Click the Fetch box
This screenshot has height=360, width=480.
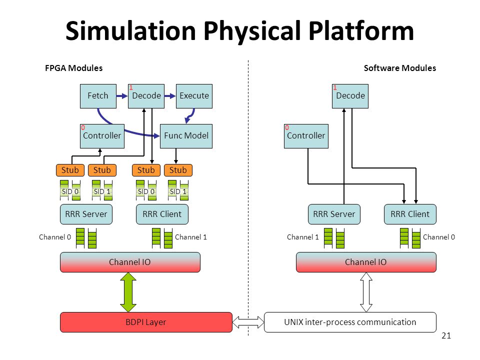pos(98,96)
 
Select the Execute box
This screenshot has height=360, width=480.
pos(194,96)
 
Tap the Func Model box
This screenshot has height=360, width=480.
pos(186,136)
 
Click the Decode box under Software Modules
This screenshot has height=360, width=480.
pos(350,96)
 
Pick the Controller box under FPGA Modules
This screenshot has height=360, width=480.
pos(102,136)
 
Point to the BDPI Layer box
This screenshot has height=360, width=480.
pos(146,322)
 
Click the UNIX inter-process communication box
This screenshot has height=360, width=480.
pos(350,322)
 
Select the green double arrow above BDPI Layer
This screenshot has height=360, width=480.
pos(128,292)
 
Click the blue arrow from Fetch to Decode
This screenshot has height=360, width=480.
pos(122,96)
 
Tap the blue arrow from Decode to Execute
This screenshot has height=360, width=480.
pos(170,96)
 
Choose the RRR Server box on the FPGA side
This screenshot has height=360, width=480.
pos(86,214)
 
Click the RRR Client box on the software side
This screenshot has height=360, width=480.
pos(410,214)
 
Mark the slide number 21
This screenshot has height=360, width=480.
pos(446,336)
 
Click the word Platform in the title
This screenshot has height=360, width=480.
pos(361,31)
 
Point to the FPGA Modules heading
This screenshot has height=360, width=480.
pos(74,68)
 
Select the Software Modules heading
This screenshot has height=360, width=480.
pos(400,68)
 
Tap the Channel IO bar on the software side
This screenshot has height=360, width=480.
pos(366,262)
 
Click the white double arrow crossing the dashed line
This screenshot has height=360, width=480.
pos(248,322)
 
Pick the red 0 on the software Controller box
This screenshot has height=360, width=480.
pos(287,127)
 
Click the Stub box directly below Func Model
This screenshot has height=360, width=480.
pos(178,170)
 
